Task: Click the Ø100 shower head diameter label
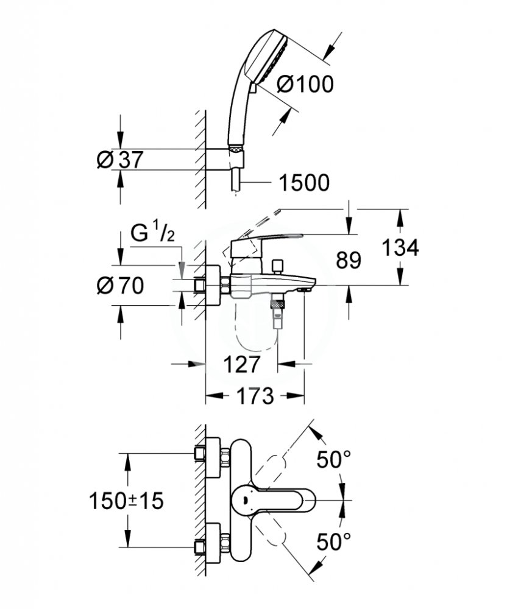click(305, 83)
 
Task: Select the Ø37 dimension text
click(120, 159)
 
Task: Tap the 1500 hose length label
click(304, 183)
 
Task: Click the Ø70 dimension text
click(120, 286)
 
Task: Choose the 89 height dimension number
click(349, 260)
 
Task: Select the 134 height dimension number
click(400, 247)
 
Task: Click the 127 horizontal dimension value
click(242, 364)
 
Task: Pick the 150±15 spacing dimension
click(126, 501)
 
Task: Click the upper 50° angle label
click(333, 460)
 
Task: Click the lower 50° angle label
click(333, 541)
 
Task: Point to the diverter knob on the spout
click(277, 267)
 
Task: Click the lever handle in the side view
click(264, 241)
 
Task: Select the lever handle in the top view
click(272, 501)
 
